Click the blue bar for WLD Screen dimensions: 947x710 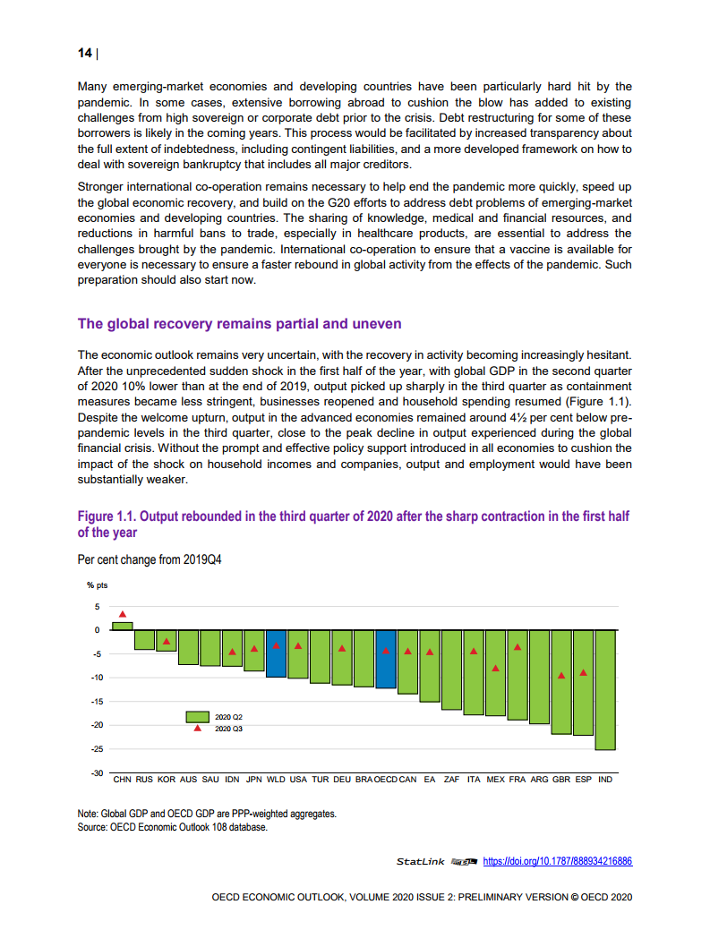pyautogui.click(x=276, y=653)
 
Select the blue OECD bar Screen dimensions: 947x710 pyautogui.click(x=386, y=659)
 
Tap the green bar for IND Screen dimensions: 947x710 pyautogui.click(x=605, y=689)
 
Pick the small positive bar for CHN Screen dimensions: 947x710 pyautogui.click(x=123, y=626)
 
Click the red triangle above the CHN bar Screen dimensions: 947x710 pyautogui.click(x=123, y=614)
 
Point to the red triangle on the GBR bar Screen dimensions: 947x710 pyautogui.click(x=561, y=675)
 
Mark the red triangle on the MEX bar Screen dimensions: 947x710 pyautogui.click(x=495, y=669)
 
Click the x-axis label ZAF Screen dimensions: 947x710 pyautogui.click(x=451, y=780)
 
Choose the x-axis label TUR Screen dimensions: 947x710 pyautogui.click(x=321, y=780)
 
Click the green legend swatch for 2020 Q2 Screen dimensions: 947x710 pyautogui.click(x=197, y=717)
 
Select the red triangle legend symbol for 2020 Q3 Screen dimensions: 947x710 pyautogui.click(x=197, y=729)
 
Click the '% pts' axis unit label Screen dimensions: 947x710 pyautogui.click(x=97, y=584)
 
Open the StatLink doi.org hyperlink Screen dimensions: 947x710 pyautogui.click(x=557, y=861)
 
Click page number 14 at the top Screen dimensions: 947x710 pyautogui.click(x=85, y=53)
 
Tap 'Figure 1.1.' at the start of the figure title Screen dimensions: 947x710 pyautogui.click(x=107, y=517)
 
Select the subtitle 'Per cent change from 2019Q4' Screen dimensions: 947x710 pyautogui.click(x=150, y=559)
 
